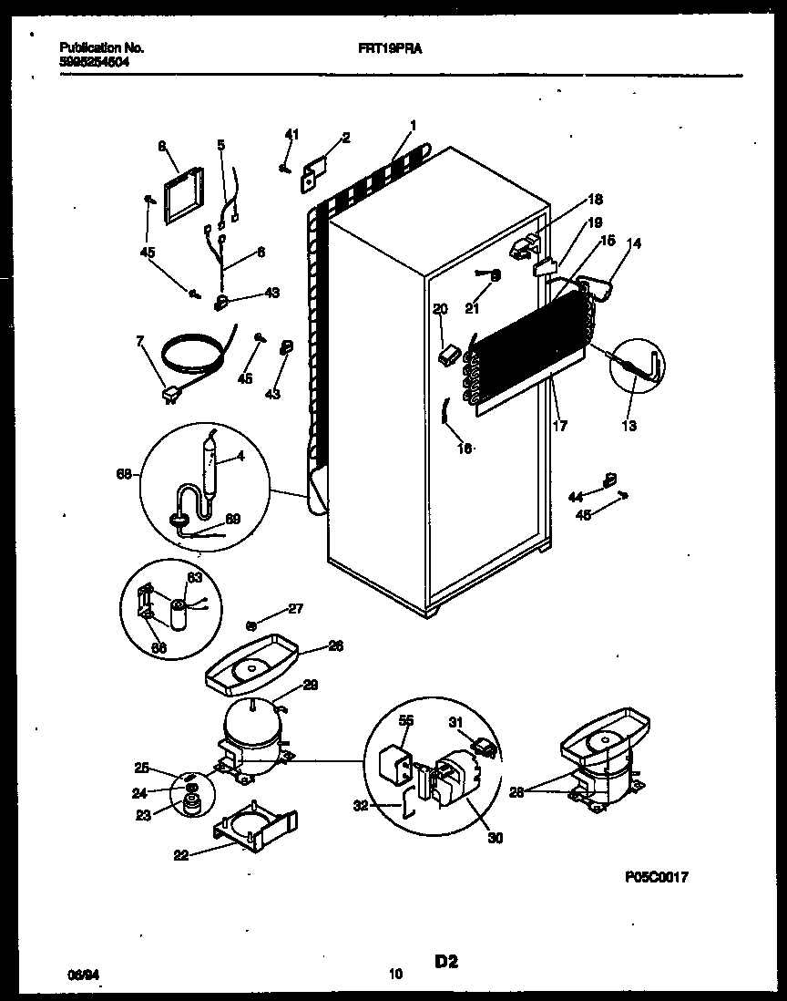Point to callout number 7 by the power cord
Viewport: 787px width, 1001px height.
click(x=139, y=342)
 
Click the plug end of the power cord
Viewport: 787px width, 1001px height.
click(x=169, y=394)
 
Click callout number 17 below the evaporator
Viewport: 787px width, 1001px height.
click(x=561, y=425)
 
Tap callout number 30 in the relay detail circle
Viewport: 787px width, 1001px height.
click(x=495, y=838)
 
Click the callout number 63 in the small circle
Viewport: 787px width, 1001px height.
click(x=193, y=577)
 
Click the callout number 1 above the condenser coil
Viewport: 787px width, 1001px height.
click(x=413, y=125)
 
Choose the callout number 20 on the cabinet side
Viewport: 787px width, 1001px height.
click(x=440, y=310)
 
